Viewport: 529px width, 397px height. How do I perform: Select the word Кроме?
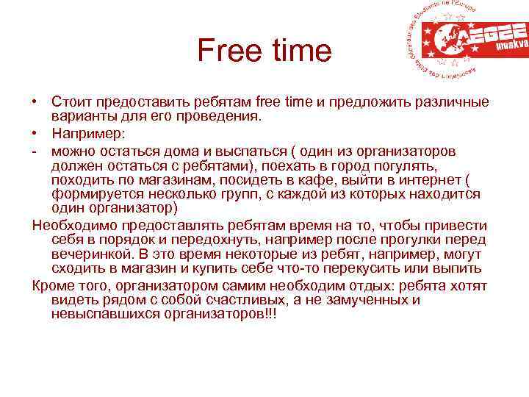54,285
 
